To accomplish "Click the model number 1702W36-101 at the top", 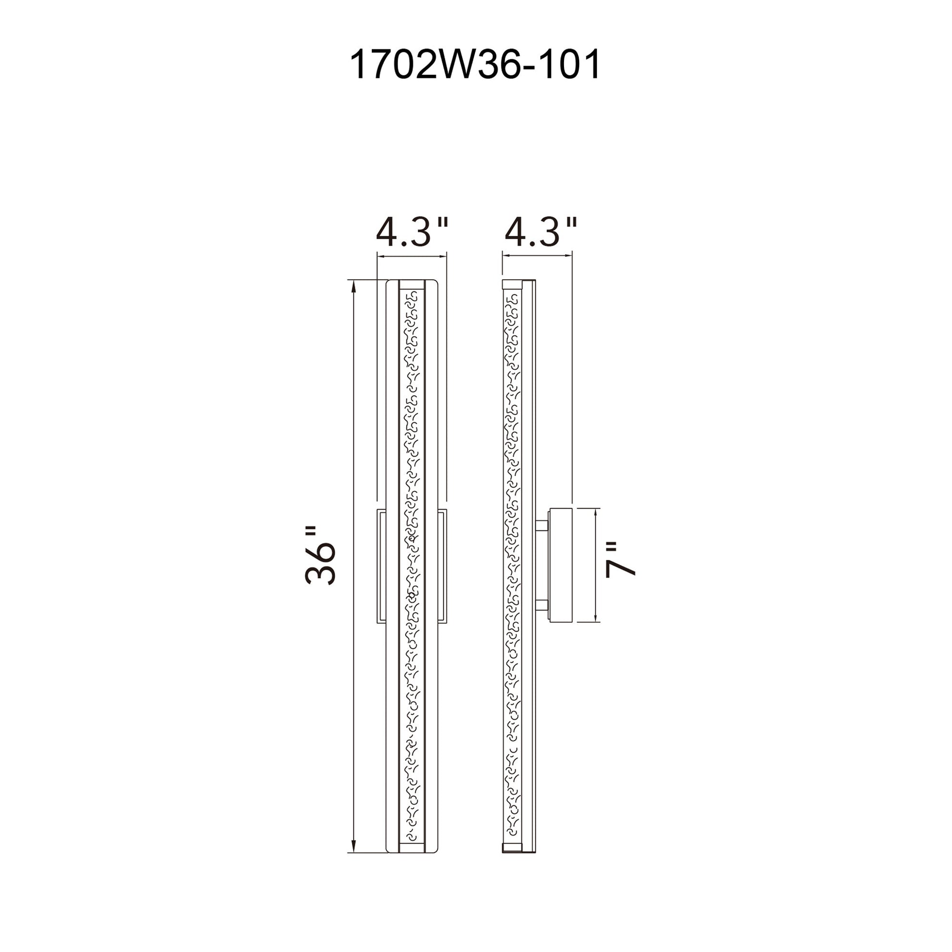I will click(475, 65).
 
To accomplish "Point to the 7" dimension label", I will click(620, 560).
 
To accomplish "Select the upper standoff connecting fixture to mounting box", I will click(542, 526).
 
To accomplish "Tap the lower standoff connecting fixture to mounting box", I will click(542, 604).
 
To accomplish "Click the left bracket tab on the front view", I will click(382, 566).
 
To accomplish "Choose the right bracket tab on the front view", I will click(442, 566).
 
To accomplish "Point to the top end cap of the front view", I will click(411, 285).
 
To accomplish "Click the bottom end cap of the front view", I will click(411, 847).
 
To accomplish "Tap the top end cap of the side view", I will click(512, 284).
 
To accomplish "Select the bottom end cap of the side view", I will click(512, 848).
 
